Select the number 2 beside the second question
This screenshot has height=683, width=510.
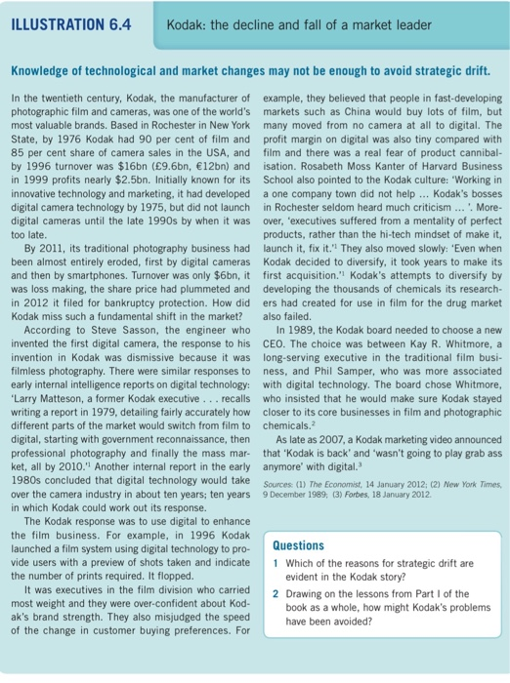pyautogui.click(x=276, y=592)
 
